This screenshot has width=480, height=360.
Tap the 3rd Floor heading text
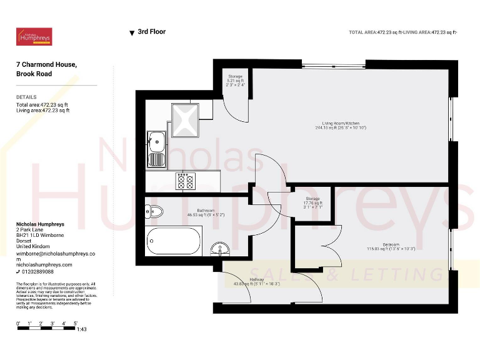[x=151, y=32]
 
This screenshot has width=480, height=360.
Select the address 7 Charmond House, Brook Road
[x=47, y=69]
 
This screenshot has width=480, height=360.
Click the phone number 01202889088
[x=37, y=272]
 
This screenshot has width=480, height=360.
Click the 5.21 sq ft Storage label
[x=236, y=79]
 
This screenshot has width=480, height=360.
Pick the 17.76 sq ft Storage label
[x=313, y=202]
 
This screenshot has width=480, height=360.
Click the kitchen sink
[x=156, y=149]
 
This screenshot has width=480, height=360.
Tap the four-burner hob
[x=186, y=181]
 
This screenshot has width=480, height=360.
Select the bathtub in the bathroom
[x=174, y=241]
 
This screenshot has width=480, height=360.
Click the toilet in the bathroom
[x=154, y=212]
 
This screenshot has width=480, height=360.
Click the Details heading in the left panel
[x=26, y=97]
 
